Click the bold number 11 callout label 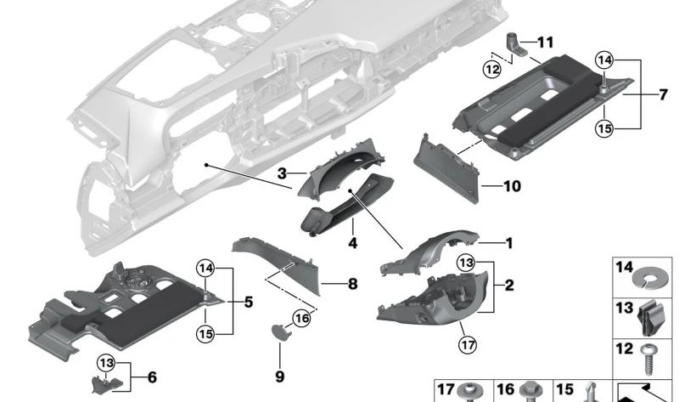click(x=544, y=41)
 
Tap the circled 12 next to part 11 click(x=492, y=68)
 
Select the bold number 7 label click(x=663, y=94)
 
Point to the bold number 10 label click(x=511, y=185)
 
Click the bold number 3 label click(x=281, y=173)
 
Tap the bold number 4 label click(x=352, y=243)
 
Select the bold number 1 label click(x=509, y=243)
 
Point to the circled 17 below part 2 click(x=464, y=346)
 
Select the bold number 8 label click(x=352, y=284)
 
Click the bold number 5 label click(x=248, y=301)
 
